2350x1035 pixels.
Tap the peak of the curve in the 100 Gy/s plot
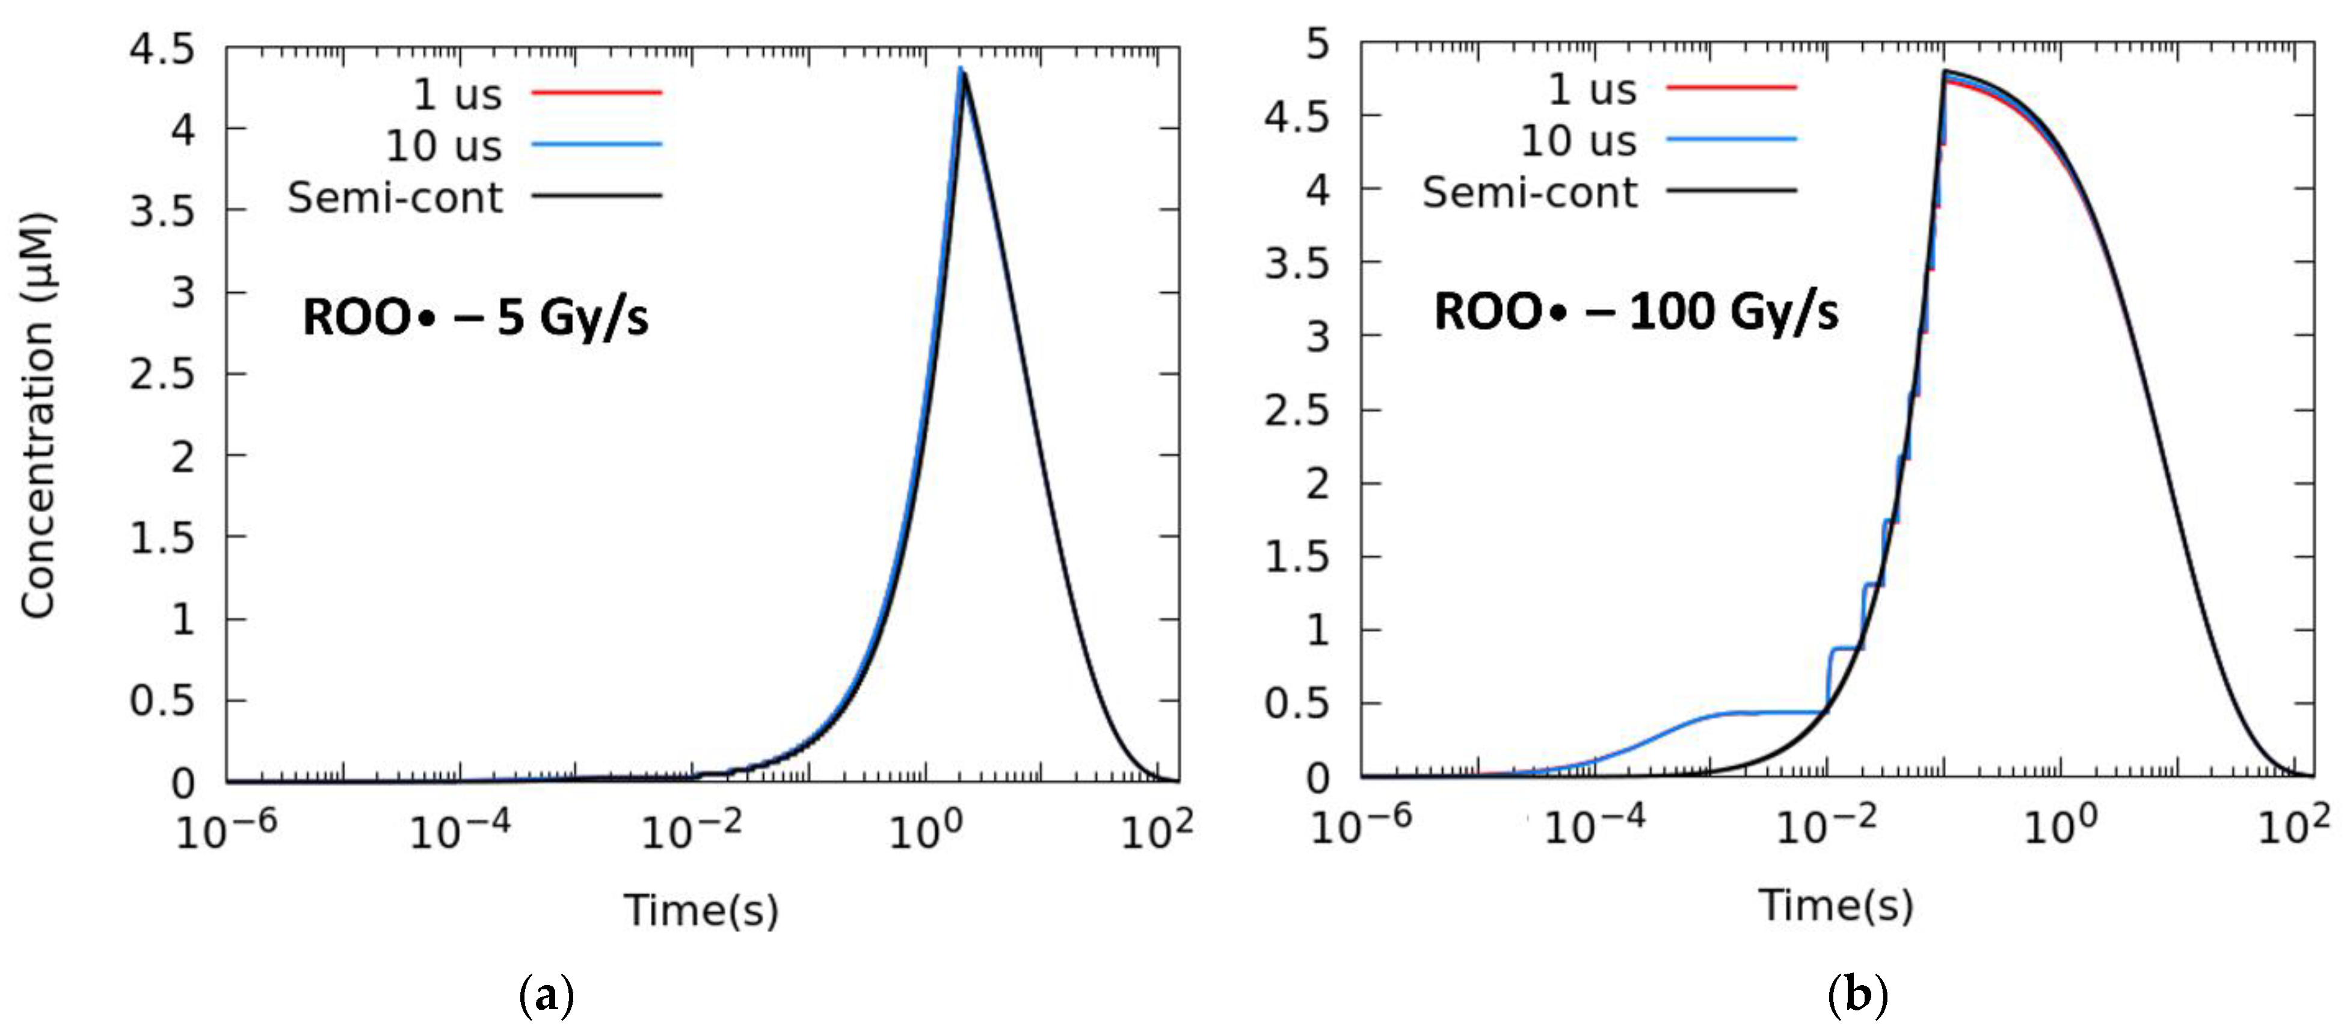pos(1944,72)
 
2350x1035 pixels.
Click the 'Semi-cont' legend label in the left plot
pos(395,197)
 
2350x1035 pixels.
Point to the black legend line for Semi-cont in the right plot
pos(1730,191)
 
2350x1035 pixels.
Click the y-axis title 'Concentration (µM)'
pos(38,415)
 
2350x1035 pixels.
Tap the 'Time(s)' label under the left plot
pos(701,910)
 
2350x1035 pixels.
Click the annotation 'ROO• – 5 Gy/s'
pos(475,317)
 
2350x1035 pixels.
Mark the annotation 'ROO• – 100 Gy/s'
pos(1635,312)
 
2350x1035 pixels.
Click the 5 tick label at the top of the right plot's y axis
pos(1317,44)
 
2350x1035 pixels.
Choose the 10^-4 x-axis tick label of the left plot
pos(459,830)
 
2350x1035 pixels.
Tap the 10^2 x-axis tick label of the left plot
pos(1156,830)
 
